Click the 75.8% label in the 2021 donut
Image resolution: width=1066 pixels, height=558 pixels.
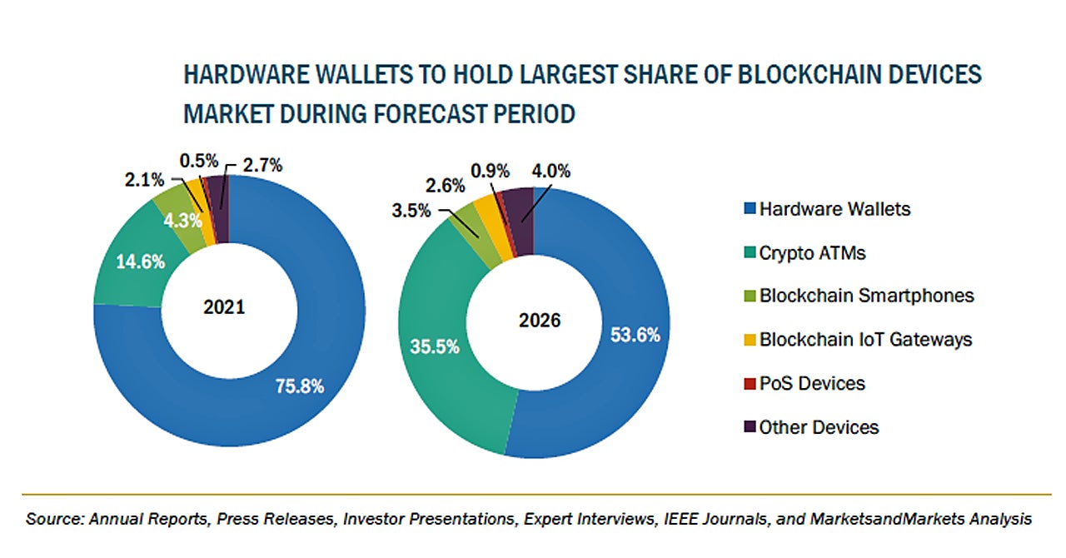click(299, 386)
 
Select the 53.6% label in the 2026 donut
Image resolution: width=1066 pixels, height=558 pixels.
click(635, 335)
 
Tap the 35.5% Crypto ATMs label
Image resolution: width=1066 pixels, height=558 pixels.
click(434, 347)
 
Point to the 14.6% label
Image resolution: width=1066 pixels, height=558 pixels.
click(141, 262)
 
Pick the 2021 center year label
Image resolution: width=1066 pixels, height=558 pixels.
click(224, 307)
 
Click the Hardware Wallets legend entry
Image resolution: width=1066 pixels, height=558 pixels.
click(834, 209)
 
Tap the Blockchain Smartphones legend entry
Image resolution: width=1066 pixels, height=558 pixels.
click(865, 296)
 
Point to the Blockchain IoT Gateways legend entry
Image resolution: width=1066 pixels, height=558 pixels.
click(865, 340)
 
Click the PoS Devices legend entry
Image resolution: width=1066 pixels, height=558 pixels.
click(811, 383)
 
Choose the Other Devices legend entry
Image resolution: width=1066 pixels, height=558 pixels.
click(818, 427)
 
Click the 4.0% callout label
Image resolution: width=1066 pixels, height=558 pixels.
click(551, 172)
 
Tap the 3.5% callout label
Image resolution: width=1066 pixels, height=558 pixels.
click(411, 210)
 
